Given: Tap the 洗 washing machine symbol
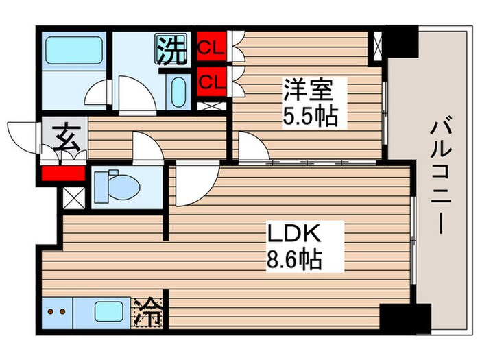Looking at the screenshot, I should coord(171,49).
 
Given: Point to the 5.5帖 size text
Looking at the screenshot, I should coord(310,117).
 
